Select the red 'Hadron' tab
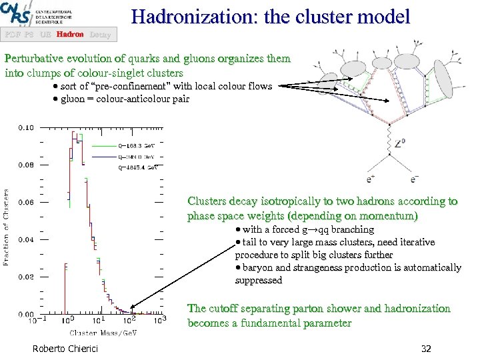coord(70,34)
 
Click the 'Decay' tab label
coord(100,34)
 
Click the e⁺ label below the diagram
coord(371,179)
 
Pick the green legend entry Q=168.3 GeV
coord(136,144)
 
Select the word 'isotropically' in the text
coord(283,201)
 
